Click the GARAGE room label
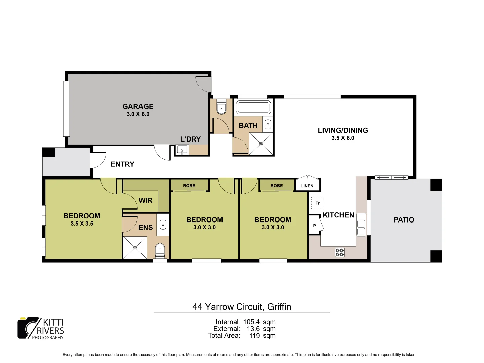[x=138, y=107]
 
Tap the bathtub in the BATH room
[x=253, y=108]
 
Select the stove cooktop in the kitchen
[x=339, y=252]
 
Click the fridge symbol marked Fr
[x=317, y=203]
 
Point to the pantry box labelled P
[x=315, y=226]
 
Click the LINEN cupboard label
[x=307, y=186]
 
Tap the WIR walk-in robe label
[x=146, y=200]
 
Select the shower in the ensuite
[x=135, y=248]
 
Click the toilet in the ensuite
[x=160, y=249]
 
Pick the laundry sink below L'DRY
[x=182, y=150]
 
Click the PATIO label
[x=404, y=220]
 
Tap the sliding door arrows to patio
[x=391, y=177]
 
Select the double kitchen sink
[x=361, y=224]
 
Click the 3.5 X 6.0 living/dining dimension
[x=342, y=138]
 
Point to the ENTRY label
[x=122, y=164]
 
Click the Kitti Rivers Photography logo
[x=41, y=328]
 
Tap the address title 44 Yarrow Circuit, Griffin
[x=242, y=307]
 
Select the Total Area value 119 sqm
[x=262, y=335]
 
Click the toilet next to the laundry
[x=221, y=108]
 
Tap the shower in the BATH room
[x=261, y=144]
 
